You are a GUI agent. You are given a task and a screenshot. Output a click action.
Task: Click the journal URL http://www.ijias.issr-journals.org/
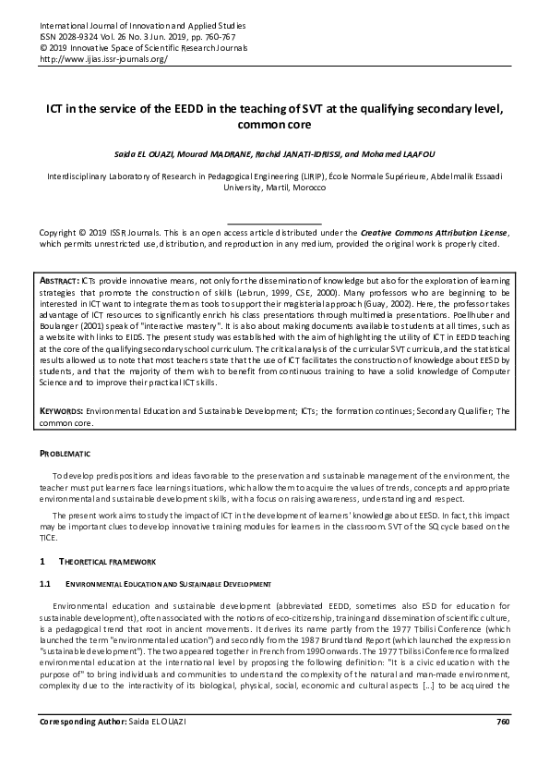103,57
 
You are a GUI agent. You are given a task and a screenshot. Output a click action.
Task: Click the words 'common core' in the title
274,124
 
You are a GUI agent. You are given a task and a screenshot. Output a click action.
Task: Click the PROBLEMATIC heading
64,454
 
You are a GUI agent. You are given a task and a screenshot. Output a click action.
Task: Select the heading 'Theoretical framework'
108,561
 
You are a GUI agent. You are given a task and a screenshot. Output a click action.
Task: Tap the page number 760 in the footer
502,747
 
